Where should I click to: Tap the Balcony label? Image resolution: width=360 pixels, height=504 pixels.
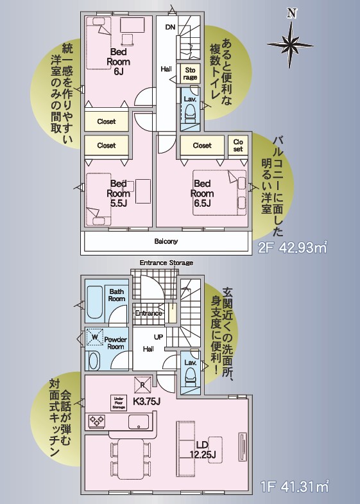(166, 241)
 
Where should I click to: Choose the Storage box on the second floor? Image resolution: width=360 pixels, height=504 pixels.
(190, 74)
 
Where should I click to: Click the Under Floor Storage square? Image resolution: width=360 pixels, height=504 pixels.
(118, 402)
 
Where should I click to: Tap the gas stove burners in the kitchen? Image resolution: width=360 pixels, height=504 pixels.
(97, 422)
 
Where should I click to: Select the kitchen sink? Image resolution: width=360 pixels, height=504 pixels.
(139, 422)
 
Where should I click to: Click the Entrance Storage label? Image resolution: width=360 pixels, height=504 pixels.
(167, 263)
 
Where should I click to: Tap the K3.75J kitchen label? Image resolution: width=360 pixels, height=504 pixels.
(146, 403)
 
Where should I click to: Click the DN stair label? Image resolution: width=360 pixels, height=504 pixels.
(170, 27)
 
